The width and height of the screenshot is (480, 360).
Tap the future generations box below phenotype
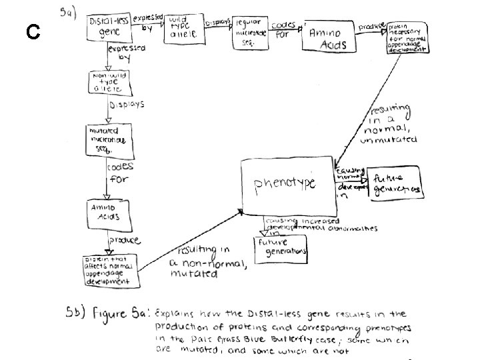(x=281, y=246)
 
